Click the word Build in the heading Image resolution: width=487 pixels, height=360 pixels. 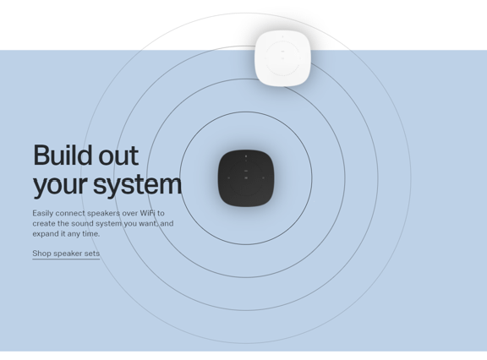tap(63, 155)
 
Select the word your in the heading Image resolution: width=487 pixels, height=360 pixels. tap(59, 184)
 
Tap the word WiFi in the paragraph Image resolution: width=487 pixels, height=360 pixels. tap(147, 214)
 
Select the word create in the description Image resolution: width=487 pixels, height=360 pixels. tap(45, 224)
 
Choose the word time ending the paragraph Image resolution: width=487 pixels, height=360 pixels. tap(90, 234)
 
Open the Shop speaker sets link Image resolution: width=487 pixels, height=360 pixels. tap(66, 254)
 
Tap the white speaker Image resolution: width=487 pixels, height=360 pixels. tap(282, 57)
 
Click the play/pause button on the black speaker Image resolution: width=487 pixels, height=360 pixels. tap(246, 178)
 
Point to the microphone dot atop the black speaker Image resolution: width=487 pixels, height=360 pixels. tap(246, 156)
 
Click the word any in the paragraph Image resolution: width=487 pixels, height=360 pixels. tap(73, 234)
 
